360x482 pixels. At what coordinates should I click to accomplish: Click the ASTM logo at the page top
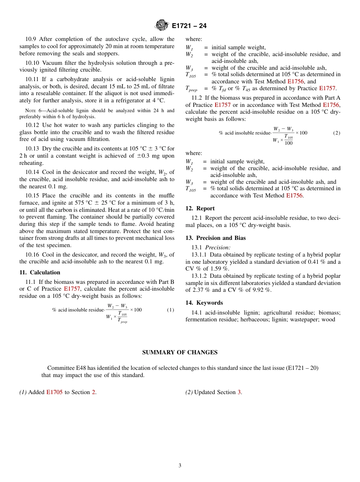point(162,25)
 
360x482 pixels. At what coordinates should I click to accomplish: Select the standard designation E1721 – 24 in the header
point(189,26)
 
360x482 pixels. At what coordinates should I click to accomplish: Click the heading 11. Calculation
point(40,272)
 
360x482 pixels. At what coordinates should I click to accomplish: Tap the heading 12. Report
point(200,208)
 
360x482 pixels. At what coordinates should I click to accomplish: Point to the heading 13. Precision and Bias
point(216,238)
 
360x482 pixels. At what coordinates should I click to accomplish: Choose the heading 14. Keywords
point(204,303)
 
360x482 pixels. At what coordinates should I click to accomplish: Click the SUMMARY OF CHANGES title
point(180,352)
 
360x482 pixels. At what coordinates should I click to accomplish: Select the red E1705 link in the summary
point(54,392)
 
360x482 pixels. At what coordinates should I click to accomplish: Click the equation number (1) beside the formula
point(171,310)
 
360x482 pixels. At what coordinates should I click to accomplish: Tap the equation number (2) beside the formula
point(337,133)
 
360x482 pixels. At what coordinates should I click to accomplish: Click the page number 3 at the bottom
point(180,465)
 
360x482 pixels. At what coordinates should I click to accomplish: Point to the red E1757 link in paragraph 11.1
point(72,289)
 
